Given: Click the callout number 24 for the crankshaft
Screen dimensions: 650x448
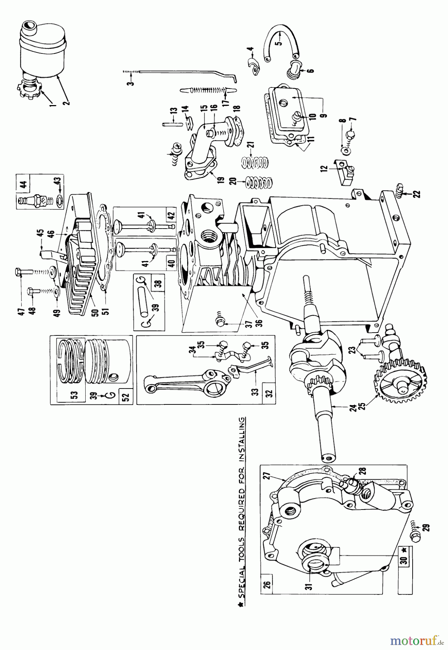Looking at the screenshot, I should point(355,408).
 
